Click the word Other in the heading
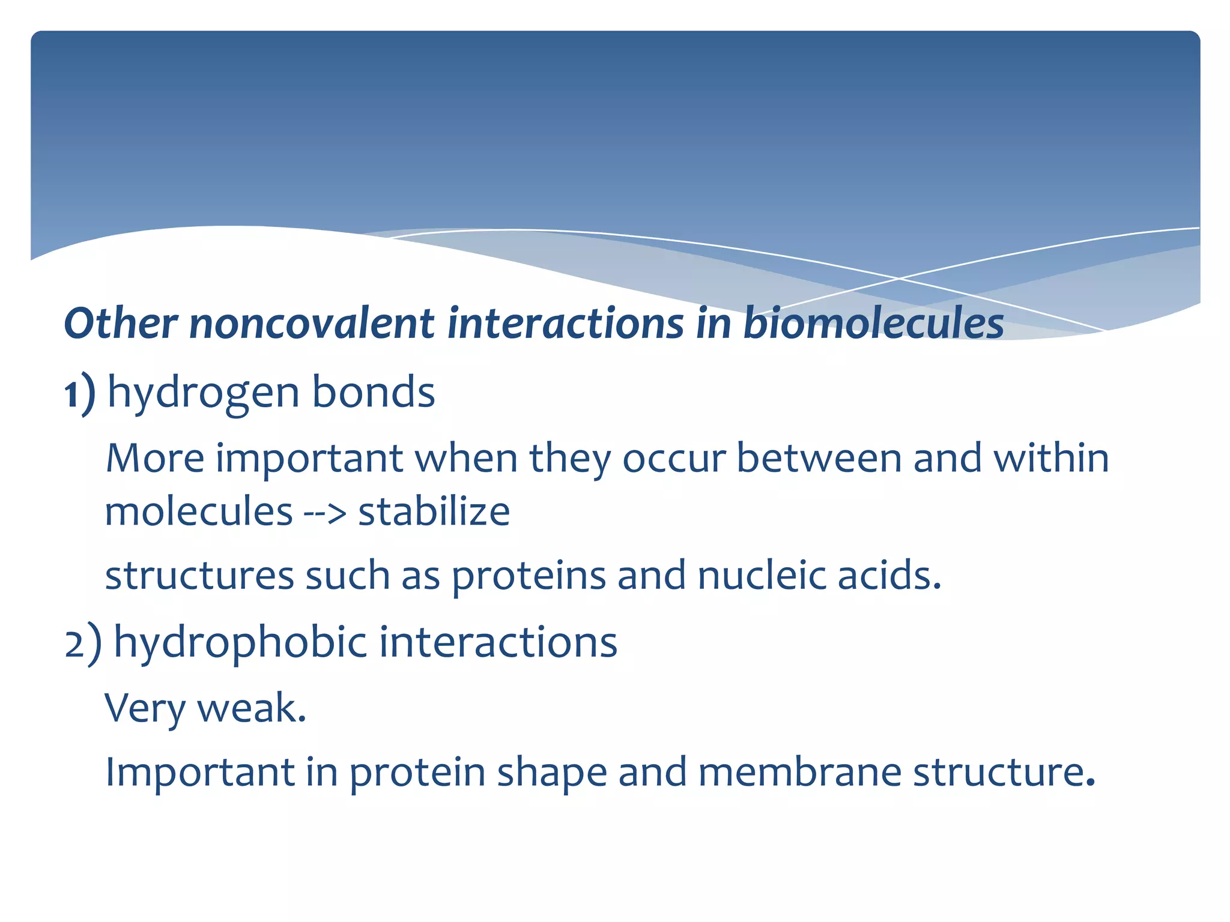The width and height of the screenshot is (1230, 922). (120, 324)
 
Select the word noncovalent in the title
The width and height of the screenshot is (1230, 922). (311, 324)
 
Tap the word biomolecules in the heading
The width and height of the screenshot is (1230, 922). (873, 324)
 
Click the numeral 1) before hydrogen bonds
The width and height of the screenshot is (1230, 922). (79, 393)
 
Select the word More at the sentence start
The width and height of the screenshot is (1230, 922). (155, 459)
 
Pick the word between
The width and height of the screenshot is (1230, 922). (819, 459)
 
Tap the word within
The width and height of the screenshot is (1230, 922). (1050, 459)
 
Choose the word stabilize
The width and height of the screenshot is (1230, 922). (434, 512)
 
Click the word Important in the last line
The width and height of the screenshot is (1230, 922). (199, 773)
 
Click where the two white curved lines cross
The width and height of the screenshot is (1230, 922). (899, 279)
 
